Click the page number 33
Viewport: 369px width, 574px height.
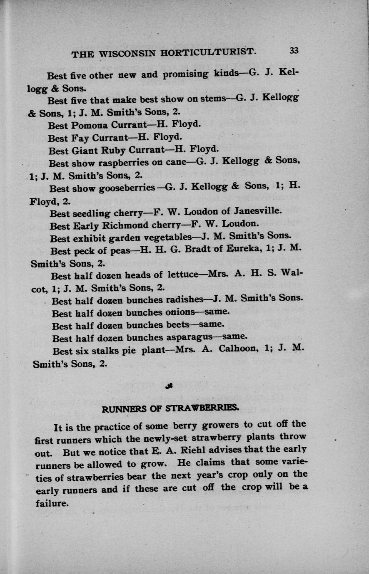tap(294, 51)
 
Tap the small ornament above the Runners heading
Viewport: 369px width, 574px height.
tap(169, 386)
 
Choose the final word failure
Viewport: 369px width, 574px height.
tap(51, 503)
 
